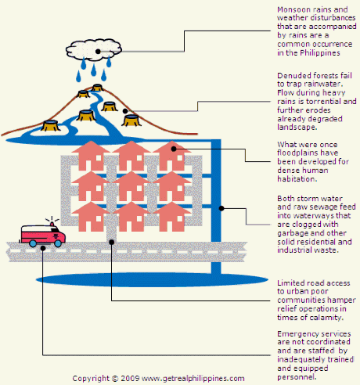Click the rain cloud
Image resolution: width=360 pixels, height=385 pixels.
pyautogui.click(x=94, y=50)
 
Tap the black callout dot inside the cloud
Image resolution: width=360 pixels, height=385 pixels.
pyautogui.click(x=98, y=52)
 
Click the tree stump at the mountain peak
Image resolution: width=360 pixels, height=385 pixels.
pyautogui.click(x=97, y=88)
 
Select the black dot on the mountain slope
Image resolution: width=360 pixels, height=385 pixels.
pyautogui.click(x=125, y=111)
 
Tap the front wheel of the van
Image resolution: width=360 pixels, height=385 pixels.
pyautogui.click(x=58, y=243)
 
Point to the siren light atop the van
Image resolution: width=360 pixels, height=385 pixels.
pyautogui.click(x=52, y=224)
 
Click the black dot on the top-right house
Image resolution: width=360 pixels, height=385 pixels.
pyautogui.click(x=174, y=149)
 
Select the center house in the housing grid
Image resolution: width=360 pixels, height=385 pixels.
pyautogui.click(x=131, y=186)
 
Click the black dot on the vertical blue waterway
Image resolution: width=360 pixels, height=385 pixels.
pyautogui.click(x=221, y=208)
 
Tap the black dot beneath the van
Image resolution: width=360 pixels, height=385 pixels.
pyautogui.click(x=43, y=248)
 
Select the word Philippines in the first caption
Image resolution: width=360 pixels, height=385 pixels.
pyautogui.click(x=320, y=53)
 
